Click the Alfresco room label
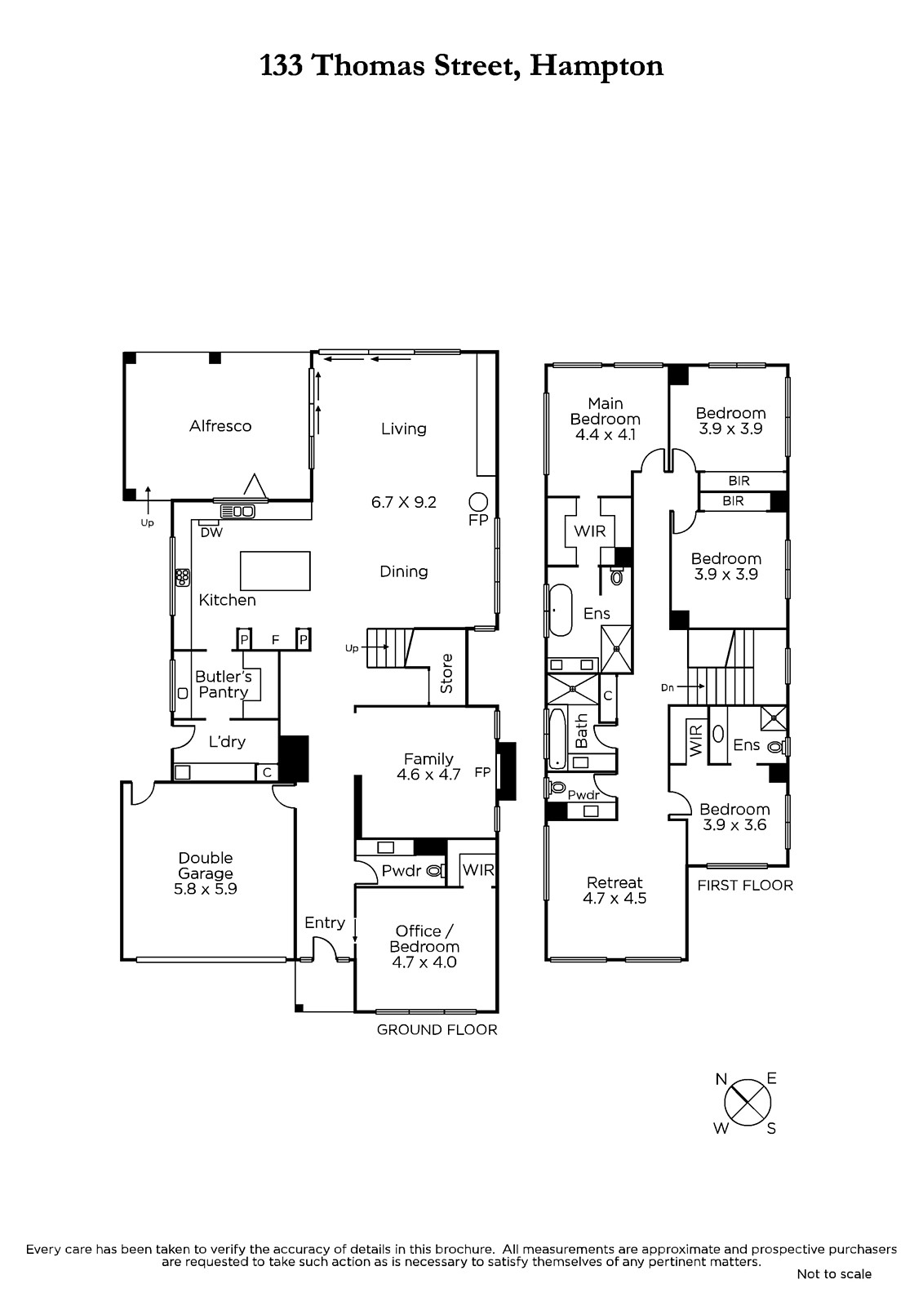[220, 426]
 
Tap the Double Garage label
[205, 865]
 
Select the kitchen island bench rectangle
[275, 571]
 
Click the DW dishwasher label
[211, 532]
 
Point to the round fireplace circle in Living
[478, 501]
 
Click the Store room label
[446, 673]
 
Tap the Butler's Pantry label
[224, 685]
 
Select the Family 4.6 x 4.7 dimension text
[428, 775]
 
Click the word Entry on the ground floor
[325, 923]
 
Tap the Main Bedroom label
[606, 411]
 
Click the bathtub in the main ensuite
[561, 610]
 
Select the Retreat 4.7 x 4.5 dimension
[615, 899]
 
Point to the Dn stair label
[668, 688]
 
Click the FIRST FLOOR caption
[745, 886]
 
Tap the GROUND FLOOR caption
[437, 1030]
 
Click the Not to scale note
[834, 1274]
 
